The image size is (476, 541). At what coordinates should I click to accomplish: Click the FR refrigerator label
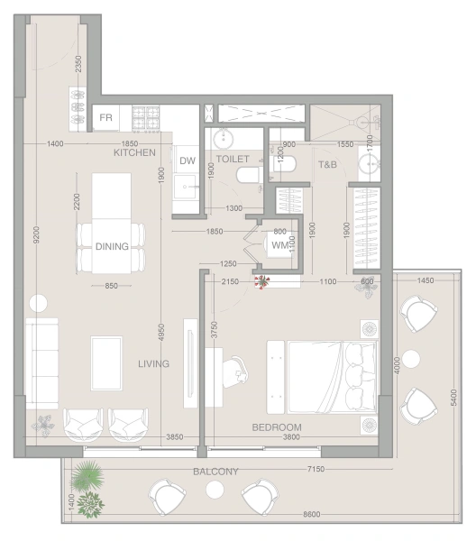point(105,117)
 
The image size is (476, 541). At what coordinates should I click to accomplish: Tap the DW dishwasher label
point(188,160)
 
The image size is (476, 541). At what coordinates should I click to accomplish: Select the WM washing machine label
point(279,245)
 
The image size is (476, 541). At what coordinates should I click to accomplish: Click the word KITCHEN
point(134,152)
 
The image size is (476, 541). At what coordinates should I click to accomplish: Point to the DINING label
point(112,246)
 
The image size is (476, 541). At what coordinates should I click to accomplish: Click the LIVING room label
point(153,363)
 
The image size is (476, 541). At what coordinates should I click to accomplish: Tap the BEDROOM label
point(277,427)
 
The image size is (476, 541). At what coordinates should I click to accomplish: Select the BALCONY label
point(215,472)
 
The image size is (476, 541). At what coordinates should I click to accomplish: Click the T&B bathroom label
point(327,165)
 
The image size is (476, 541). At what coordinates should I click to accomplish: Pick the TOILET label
point(233,159)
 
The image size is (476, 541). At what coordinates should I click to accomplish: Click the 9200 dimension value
point(37,234)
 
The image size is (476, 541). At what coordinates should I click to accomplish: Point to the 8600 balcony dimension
point(311,515)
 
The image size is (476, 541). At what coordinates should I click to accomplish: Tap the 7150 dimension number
point(316,469)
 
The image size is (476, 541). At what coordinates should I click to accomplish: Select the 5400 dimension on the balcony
point(453,398)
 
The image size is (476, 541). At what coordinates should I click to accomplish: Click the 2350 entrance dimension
point(78,64)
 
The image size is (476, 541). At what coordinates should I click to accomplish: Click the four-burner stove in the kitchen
point(146,117)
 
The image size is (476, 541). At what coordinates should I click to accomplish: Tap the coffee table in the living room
point(106,363)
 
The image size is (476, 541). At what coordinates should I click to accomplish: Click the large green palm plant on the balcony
point(87,475)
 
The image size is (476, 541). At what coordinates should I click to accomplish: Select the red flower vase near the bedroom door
point(261,281)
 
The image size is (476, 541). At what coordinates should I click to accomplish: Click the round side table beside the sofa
point(38,304)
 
